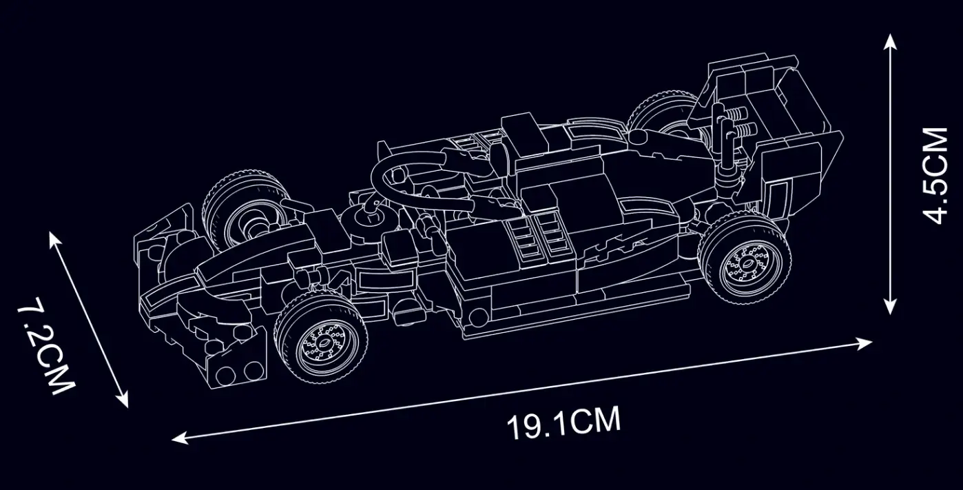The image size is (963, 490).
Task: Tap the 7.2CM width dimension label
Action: point(46,345)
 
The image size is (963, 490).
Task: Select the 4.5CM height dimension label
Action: point(935,176)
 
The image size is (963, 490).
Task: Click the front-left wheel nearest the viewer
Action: point(322,338)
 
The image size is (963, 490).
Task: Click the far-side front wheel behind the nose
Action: point(245,211)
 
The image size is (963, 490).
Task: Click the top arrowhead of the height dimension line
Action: point(889,41)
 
